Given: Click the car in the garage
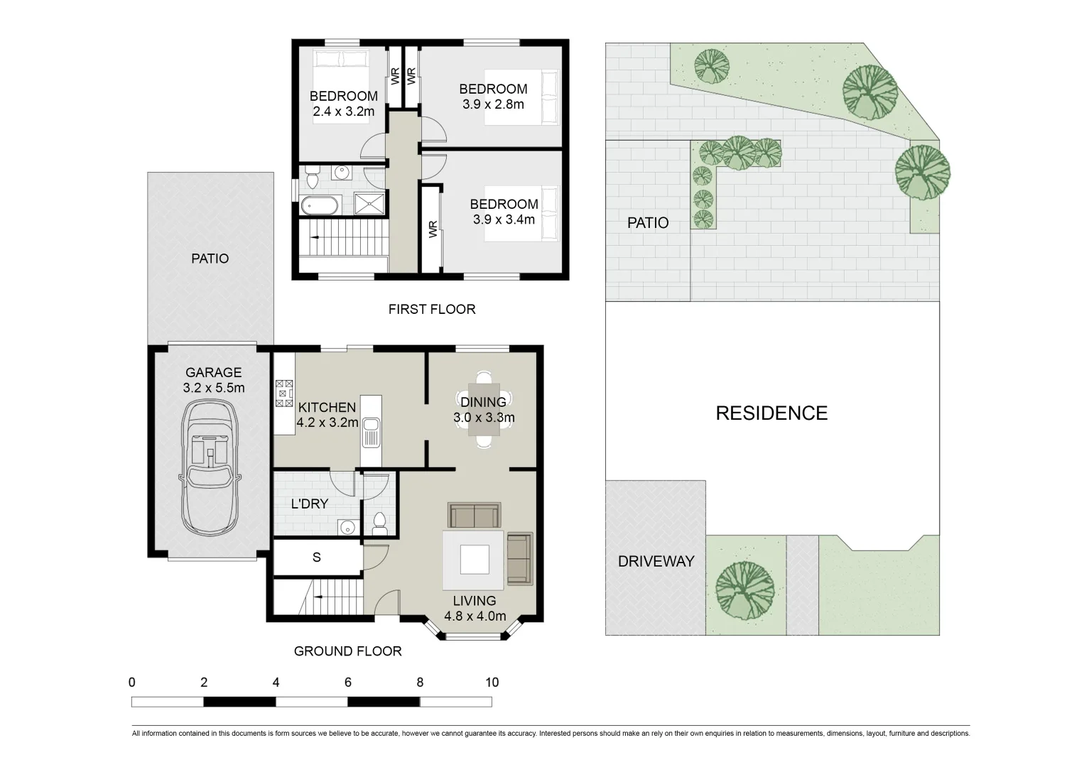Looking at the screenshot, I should (x=210, y=469).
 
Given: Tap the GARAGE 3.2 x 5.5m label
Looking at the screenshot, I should (x=213, y=380).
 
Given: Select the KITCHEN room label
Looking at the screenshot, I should (x=327, y=407).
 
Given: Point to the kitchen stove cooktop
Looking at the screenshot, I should (x=284, y=393).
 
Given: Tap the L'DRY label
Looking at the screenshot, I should (x=310, y=504).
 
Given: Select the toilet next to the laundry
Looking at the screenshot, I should (x=379, y=524).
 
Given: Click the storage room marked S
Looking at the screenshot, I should (x=317, y=557).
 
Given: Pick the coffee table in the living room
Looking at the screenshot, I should (x=474, y=560).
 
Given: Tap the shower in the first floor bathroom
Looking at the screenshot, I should (x=369, y=204).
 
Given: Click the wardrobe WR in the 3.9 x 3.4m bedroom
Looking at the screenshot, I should (x=433, y=229).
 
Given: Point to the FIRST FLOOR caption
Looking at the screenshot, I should (x=431, y=309).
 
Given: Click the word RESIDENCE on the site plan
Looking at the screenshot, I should (x=771, y=413).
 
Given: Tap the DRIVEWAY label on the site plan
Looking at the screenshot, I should (x=656, y=561).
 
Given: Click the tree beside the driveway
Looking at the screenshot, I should (x=744, y=589).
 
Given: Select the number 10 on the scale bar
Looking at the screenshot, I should (x=492, y=682).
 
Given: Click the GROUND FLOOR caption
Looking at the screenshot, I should (x=347, y=651).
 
